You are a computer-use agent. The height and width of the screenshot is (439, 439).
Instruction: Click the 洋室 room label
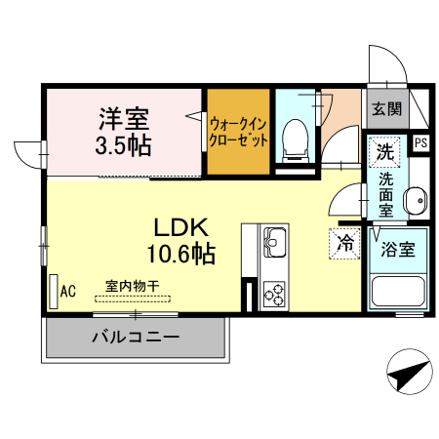(x=123, y=120)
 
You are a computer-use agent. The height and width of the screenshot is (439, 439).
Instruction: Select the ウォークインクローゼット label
(x=238, y=132)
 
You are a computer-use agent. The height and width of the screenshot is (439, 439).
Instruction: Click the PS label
(x=420, y=143)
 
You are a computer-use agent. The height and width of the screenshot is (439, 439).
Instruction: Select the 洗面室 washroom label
(x=386, y=195)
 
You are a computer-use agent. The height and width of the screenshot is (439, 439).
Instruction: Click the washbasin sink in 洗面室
(x=414, y=199)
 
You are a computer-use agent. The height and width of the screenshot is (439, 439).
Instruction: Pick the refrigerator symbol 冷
(x=344, y=243)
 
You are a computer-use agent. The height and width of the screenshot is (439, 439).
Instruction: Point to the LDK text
(x=180, y=227)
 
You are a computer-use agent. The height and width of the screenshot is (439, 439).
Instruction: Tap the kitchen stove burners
(x=272, y=292)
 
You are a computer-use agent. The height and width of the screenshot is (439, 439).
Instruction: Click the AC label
(x=68, y=290)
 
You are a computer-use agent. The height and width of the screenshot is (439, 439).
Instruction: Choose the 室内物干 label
(x=132, y=286)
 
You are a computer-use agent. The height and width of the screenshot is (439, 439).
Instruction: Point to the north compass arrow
(x=408, y=373)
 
